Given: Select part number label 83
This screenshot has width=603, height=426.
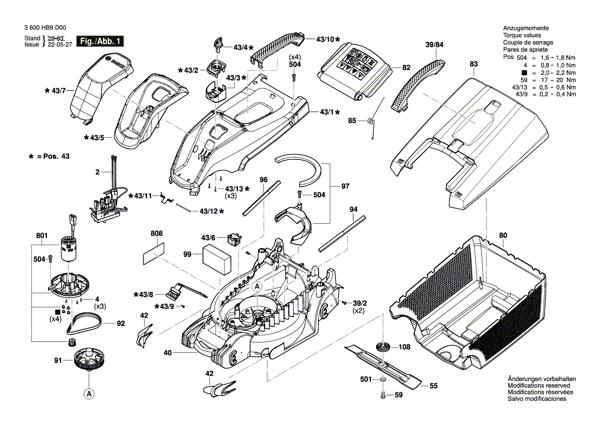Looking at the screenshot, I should pyautogui.click(x=474, y=63).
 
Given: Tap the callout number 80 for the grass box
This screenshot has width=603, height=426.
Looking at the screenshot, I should pyautogui.click(x=503, y=236).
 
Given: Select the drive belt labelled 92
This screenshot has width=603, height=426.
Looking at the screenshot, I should pyautogui.click(x=85, y=324).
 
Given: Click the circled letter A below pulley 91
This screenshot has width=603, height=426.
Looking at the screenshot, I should pyautogui.click(x=89, y=394).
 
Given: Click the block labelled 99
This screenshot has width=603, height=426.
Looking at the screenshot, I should pyautogui.click(x=217, y=258).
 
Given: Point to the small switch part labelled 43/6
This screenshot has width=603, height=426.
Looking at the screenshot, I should pyautogui.click(x=234, y=239).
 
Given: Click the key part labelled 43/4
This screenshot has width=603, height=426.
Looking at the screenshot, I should pyautogui.click(x=218, y=44).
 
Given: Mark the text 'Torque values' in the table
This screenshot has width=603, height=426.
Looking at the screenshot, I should pyautogui.click(x=520, y=35).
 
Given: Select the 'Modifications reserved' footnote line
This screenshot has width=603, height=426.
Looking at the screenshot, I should pyautogui.click(x=539, y=385).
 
